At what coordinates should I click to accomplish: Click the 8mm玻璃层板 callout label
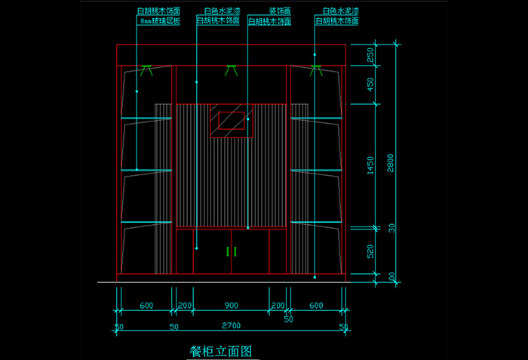[x=160, y=22]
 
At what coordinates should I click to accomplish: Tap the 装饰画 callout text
[x=281, y=12]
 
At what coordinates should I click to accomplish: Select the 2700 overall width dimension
[x=231, y=326]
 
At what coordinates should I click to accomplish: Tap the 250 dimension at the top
[x=370, y=55]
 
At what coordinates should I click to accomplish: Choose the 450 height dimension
[x=370, y=85]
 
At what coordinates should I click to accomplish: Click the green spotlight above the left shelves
[x=146, y=70]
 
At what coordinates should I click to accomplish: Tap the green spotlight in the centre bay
[x=231, y=70]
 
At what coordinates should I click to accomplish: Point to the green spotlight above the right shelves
[x=316, y=70]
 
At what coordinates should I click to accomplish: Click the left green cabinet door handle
[x=228, y=251]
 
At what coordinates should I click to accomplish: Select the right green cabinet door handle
[x=235, y=251]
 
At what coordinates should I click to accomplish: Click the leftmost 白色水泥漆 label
[x=218, y=12]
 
